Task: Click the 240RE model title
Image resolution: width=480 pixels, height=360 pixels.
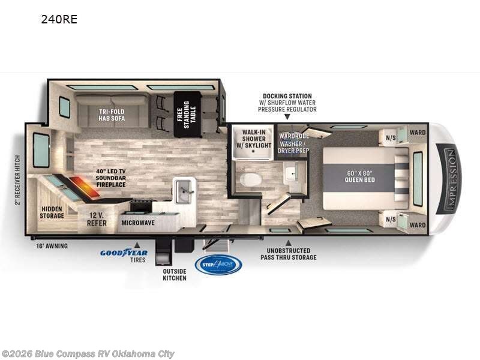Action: click(59, 19)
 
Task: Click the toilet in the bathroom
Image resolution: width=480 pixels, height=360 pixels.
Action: click(248, 179)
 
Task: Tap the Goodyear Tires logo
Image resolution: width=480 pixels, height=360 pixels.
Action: click(124, 254)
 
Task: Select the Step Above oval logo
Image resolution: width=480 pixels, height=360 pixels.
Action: click(218, 265)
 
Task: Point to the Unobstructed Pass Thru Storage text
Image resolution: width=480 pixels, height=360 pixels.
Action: click(288, 254)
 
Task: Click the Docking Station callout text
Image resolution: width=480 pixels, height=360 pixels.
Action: click(287, 103)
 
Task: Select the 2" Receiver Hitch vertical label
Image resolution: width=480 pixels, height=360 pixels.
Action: click(17, 179)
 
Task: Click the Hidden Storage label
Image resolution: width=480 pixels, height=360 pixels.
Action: click(52, 212)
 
